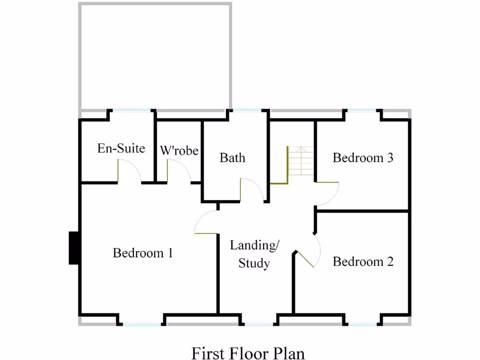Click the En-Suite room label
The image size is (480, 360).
pyautogui.click(x=121, y=149)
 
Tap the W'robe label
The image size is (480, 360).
pyautogui.click(x=179, y=150)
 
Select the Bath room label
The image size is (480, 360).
pyautogui.click(x=232, y=157)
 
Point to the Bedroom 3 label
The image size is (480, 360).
pyautogui.click(x=363, y=157)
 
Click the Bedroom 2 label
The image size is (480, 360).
pyautogui.click(x=363, y=262)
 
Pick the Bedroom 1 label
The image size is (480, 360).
pyautogui.click(x=143, y=253)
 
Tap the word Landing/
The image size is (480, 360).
pyautogui.click(x=255, y=245)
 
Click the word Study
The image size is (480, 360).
pyautogui.click(x=254, y=263)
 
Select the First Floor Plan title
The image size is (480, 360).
pyautogui.click(x=248, y=352)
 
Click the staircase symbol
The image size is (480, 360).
pyautogui.click(x=300, y=161)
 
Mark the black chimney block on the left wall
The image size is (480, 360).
pyautogui.click(x=74, y=248)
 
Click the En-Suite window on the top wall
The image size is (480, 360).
pyautogui.click(x=133, y=111)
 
